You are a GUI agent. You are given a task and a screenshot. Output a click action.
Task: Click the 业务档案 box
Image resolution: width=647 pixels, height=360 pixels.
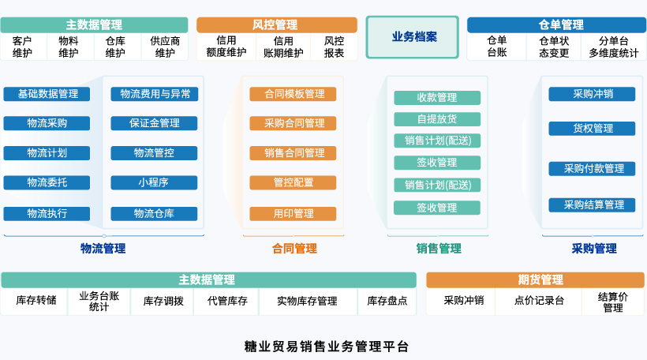tap(412, 37)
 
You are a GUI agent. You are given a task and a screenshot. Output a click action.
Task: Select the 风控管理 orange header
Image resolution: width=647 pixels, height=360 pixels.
tap(277, 24)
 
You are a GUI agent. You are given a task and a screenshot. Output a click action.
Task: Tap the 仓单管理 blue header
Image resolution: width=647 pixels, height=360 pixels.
tap(556, 24)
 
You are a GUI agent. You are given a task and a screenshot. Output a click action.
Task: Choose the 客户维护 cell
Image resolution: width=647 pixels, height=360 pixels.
tap(23, 47)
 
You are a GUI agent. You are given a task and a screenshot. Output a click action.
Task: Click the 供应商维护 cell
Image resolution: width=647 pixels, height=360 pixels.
tap(165, 47)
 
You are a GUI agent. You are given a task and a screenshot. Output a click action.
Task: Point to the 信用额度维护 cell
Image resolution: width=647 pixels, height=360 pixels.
tap(226, 47)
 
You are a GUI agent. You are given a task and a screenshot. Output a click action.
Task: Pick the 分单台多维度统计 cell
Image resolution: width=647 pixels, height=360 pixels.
tap(614, 47)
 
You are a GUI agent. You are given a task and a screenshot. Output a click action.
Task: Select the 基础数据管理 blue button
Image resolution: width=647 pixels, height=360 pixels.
tap(47, 94)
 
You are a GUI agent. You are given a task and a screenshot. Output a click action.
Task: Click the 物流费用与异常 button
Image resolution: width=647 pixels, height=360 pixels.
tap(155, 94)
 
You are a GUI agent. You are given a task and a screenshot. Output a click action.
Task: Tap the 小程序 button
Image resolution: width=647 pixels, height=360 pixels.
tap(154, 182)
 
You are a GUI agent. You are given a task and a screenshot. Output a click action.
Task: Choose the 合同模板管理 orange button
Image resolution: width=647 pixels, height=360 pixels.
tap(293, 94)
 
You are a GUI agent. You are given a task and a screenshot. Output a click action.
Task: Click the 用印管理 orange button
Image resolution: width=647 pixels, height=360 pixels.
tap(293, 214)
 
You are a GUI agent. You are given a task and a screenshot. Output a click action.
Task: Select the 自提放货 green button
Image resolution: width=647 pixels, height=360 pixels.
tap(437, 119)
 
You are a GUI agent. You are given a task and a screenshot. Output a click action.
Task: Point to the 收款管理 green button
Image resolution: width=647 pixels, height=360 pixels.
tap(437, 98)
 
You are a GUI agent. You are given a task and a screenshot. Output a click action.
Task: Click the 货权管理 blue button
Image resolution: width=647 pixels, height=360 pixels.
tap(592, 129)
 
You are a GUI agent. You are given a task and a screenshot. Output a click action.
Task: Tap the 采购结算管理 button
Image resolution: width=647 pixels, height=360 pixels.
tap(592, 205)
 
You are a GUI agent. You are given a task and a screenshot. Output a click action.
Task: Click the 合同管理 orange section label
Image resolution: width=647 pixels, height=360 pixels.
tap(294, 249)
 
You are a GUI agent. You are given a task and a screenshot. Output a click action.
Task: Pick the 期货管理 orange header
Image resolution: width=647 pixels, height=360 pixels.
tap(535, 280)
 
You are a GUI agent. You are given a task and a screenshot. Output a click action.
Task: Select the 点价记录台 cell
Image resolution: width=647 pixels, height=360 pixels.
tap(538, 301)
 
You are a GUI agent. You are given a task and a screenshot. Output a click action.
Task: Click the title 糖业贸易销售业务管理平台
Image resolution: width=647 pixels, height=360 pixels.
tap(327, 347)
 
